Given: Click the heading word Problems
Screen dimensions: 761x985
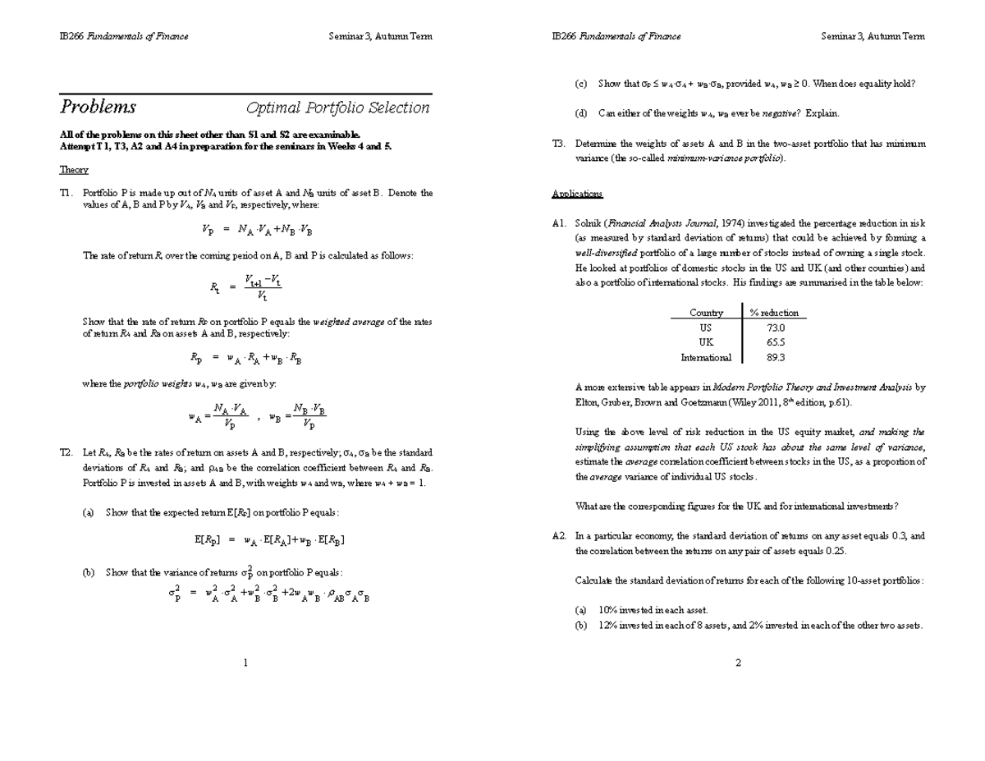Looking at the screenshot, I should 98,108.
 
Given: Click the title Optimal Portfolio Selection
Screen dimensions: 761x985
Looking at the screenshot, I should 338,108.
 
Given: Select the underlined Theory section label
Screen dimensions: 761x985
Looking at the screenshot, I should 74,170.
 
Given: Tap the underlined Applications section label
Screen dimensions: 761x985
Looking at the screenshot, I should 578,194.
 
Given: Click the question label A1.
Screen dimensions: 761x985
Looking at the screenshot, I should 560,222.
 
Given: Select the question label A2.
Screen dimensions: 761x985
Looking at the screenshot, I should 560,535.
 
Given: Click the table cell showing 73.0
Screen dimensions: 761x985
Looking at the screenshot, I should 775,327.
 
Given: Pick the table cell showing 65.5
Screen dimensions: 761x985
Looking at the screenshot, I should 775,342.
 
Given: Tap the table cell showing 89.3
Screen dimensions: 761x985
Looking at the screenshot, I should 775,357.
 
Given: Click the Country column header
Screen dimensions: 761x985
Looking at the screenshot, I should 706,313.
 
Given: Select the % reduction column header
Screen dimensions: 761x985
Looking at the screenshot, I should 774,313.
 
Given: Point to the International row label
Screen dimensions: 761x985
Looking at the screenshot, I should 706,357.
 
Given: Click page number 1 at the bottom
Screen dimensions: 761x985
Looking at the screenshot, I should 245,663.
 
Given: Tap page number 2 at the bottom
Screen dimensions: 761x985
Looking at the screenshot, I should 738,663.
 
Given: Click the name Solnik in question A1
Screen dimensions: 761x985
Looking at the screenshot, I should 589,222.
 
